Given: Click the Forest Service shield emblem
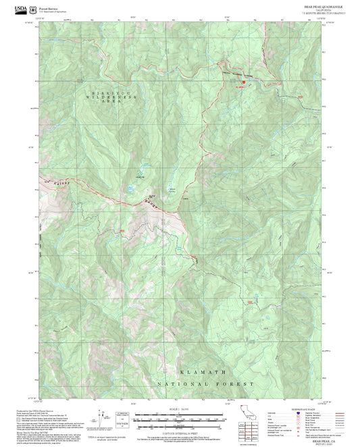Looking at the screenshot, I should (34, 8).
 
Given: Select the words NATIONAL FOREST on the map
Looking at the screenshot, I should (206, 383).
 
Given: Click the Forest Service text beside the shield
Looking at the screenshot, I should (47, 7).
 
